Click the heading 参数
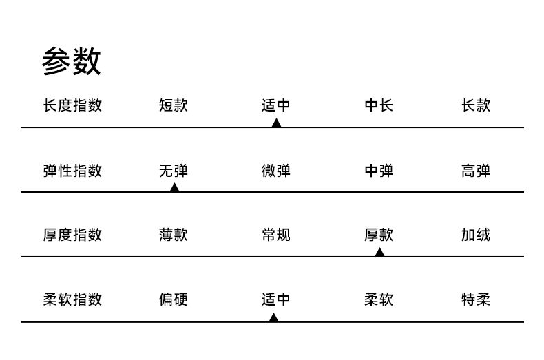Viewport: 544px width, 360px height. pyautogui.click(x=71, y=61)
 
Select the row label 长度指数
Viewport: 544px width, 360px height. pyautogui.click(x=72, y=105)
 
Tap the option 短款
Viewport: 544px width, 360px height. pyautogui.click(x=173, y=105)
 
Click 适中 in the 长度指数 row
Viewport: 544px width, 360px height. pyautogui.click(x=275, y=105)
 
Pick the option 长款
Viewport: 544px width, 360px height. pyautogui.click(x=475, y=105)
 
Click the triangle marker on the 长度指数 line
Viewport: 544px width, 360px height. pyautogui.click(x=276, y=123)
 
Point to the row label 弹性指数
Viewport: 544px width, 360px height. pyautogui.click(x=72, y=170)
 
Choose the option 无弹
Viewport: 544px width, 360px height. pyautogui.click(x=173, y=170)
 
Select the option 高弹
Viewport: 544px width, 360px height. pyautogui.click(x=475, y=170)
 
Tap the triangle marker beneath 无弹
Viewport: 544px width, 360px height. pyautogui.click(x=174, y=188)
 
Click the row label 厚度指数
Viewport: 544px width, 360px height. pyautogui.click(x=72, y=235)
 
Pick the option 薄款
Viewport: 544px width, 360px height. pyautogui.click(x=173, y=235)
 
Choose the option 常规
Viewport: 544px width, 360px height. pyautogui.click(x=275, y=235)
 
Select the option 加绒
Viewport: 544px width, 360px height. pyautogui.click(x=475, y=235)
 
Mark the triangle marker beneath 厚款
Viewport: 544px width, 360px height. pyautogui.click(x=379, y=253)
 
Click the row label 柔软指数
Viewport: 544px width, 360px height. pyautogui.click(x=72, y=299)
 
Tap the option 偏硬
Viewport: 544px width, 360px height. pyautogui.click(x=173, y=299)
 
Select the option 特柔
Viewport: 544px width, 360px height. pyautogui.click(x=475, y=299)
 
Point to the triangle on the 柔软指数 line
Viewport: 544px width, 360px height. pyautogui.click(x=273, y=317)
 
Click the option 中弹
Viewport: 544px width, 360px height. pyautogui.click(x=379, y=170)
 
